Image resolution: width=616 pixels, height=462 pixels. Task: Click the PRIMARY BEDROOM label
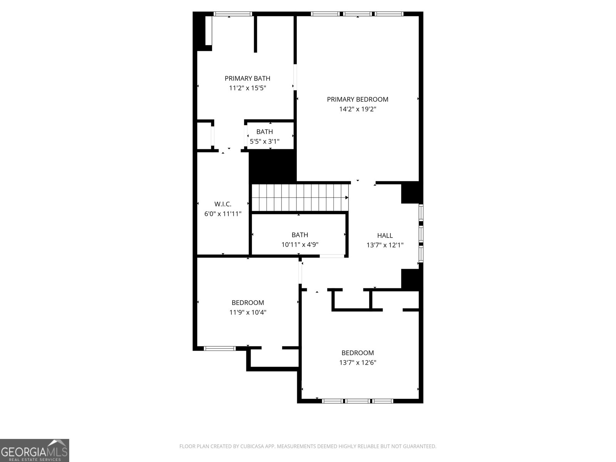tap(357, 99)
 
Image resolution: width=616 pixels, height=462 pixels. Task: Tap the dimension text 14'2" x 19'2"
tap(357, 109)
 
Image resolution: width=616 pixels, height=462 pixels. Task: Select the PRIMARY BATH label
tap(248, 79)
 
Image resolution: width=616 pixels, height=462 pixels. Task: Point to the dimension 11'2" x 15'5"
tap(248, 88)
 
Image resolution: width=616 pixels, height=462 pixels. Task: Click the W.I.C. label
tap(223, 204)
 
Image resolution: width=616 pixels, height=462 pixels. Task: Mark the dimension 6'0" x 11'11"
tap(223, 214)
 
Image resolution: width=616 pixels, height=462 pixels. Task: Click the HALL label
tap(385, 236)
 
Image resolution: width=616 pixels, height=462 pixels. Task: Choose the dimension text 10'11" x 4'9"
tap(300, 244)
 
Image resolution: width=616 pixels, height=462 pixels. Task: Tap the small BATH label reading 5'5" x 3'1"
tap(264, 132)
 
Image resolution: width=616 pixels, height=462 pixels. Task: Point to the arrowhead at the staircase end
tap(346, 198)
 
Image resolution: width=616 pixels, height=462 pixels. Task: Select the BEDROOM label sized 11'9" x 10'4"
tap(248, 303)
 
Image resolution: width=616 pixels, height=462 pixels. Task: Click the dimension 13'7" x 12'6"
tap(357, 362)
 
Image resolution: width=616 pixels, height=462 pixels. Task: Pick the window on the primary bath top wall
tap(233, 14)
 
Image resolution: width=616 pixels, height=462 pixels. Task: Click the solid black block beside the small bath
tap(273, 166)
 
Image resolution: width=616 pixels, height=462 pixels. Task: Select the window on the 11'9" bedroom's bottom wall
tap(219, 348)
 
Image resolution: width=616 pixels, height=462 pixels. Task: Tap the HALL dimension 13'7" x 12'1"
tap(385, 245)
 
